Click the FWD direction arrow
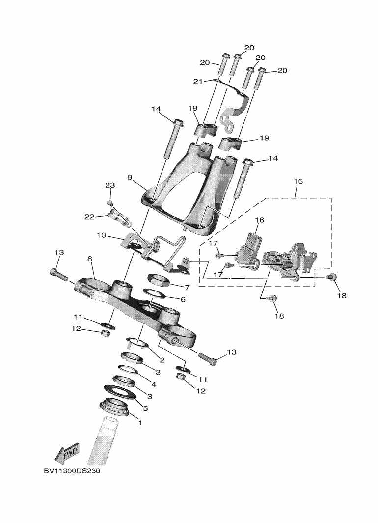pyautogui.click(x=67, y=454)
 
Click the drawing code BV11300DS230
pyautogui.click(x=72, y=471)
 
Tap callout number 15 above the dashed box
pyautogui.click(x=298, y=181)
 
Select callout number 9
pyautogui.click(x=130, y=177)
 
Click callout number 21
pyautogui.click(x=198, y=82)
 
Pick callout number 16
pyautogui.click(x=259, y=220)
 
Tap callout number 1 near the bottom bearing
pyautogui.click(x=140, y=423)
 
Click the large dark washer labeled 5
pyautogui.click(x=120, y=391)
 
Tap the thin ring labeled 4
pyautogui.click(x=129, y=370)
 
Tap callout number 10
pyautogui.click(x=102, y=235)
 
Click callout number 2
pyautogui.click(x=162, y=360)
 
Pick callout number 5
pyautogui.click(x=145, y=408)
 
